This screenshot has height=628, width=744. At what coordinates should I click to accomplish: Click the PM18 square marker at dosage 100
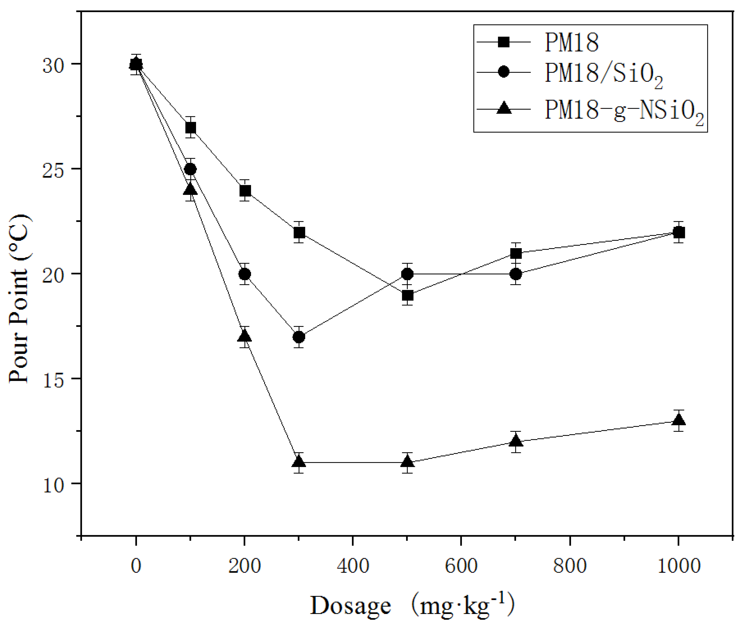(191, 128)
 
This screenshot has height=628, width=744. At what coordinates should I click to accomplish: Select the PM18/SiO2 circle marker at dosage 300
(299, 337)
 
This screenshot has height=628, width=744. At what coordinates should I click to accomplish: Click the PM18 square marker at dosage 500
(408, 295)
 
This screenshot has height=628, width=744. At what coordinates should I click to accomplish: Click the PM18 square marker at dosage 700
(516, 253)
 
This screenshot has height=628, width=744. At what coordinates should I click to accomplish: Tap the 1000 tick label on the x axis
(678, 566)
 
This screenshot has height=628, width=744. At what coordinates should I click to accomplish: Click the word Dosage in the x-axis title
(351, 606)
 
